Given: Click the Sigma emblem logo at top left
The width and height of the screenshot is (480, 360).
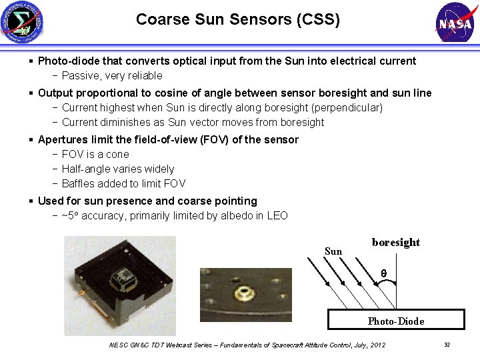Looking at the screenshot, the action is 22,22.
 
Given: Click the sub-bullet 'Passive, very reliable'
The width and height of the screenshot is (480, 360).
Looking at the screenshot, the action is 111,76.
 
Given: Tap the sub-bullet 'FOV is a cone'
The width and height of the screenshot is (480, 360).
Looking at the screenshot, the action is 95,155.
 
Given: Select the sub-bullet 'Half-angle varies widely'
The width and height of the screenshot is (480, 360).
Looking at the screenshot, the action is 117,169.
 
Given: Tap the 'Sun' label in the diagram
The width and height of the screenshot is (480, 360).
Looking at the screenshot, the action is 333,251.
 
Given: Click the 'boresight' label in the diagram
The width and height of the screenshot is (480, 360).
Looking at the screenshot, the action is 396,243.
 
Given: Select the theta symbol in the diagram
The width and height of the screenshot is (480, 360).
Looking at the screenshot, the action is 383,273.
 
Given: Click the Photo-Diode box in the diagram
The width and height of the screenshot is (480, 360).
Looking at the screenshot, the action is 395,320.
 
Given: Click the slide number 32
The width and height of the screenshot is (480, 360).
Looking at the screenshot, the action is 447,344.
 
